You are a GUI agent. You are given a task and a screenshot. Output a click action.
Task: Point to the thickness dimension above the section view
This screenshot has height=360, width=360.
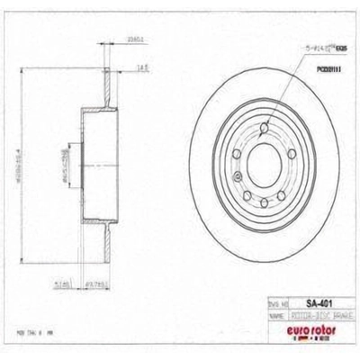pos(111,40)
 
